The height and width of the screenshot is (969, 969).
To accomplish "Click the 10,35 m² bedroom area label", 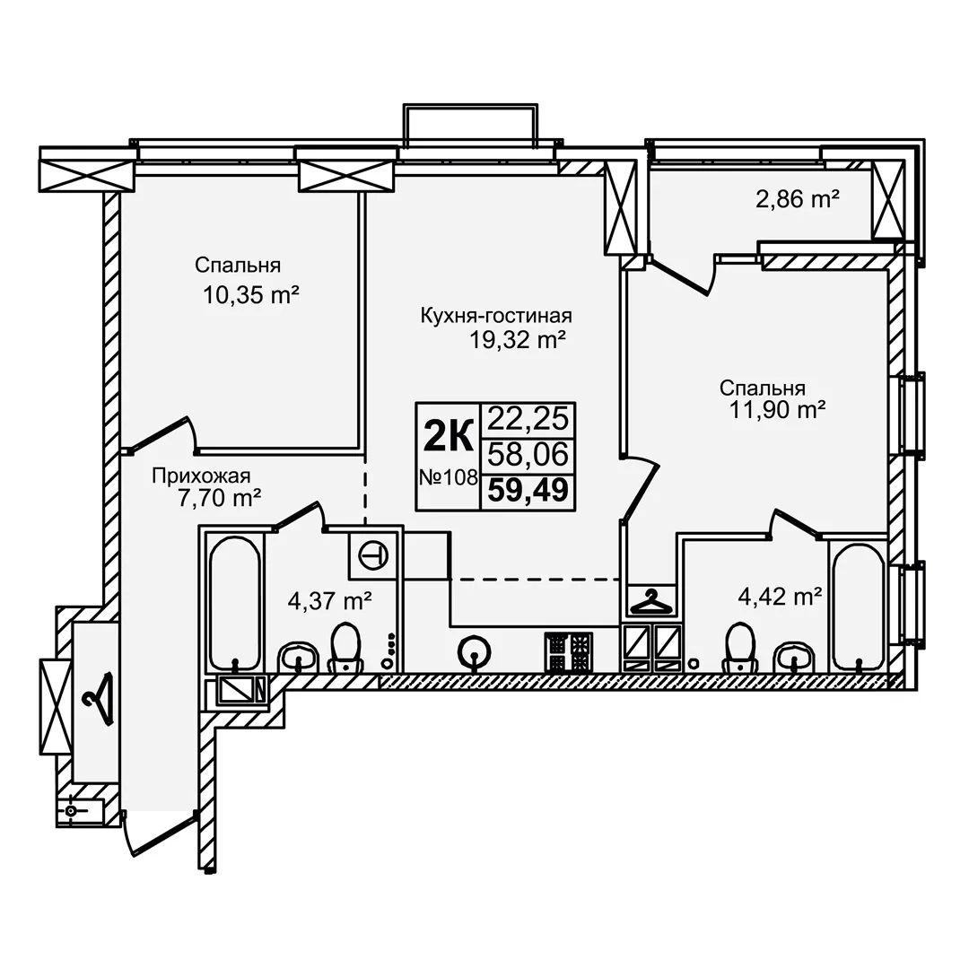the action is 251,295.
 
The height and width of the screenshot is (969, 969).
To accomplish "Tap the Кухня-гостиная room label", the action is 496,316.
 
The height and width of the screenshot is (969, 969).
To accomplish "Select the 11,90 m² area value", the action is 778,409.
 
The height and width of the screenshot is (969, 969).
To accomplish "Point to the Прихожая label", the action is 202,476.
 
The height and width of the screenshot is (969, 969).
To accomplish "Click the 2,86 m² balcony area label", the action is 798,199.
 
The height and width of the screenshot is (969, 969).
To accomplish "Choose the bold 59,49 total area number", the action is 528,492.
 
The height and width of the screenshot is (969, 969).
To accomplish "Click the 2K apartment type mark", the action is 448,436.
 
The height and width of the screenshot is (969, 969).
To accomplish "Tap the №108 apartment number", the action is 449,477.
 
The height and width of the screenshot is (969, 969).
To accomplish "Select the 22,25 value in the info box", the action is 528,420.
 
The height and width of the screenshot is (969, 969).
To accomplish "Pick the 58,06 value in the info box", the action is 528,455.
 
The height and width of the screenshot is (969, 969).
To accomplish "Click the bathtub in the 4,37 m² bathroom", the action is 234,603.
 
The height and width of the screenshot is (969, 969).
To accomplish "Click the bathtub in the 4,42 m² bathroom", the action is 859,607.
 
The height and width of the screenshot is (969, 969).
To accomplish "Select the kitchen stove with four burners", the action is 569,652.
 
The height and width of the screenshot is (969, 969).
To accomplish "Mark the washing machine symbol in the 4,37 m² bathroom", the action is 374,554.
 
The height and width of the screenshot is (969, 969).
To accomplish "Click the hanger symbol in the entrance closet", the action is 98,699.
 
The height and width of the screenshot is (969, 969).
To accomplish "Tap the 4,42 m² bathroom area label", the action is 780,597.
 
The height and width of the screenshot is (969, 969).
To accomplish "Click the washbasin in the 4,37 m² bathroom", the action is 299,656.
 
